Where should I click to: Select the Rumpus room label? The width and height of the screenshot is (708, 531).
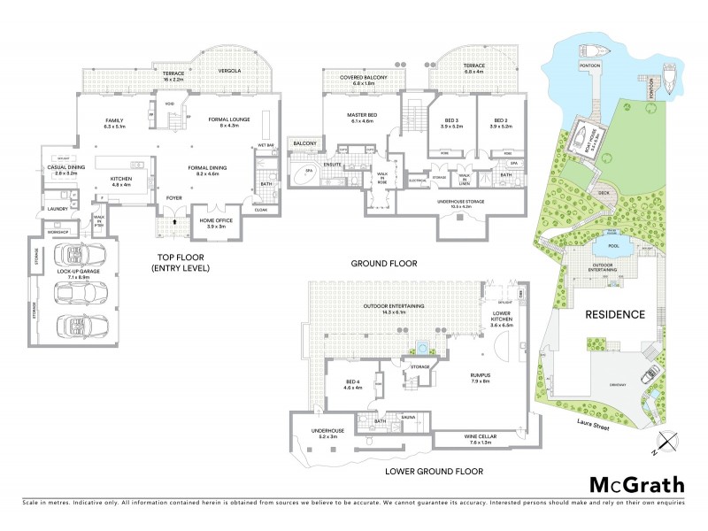coord(481,378)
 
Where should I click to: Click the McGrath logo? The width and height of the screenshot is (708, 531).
coord(636,484)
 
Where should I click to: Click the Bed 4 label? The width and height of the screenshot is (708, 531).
coord(353,384)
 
